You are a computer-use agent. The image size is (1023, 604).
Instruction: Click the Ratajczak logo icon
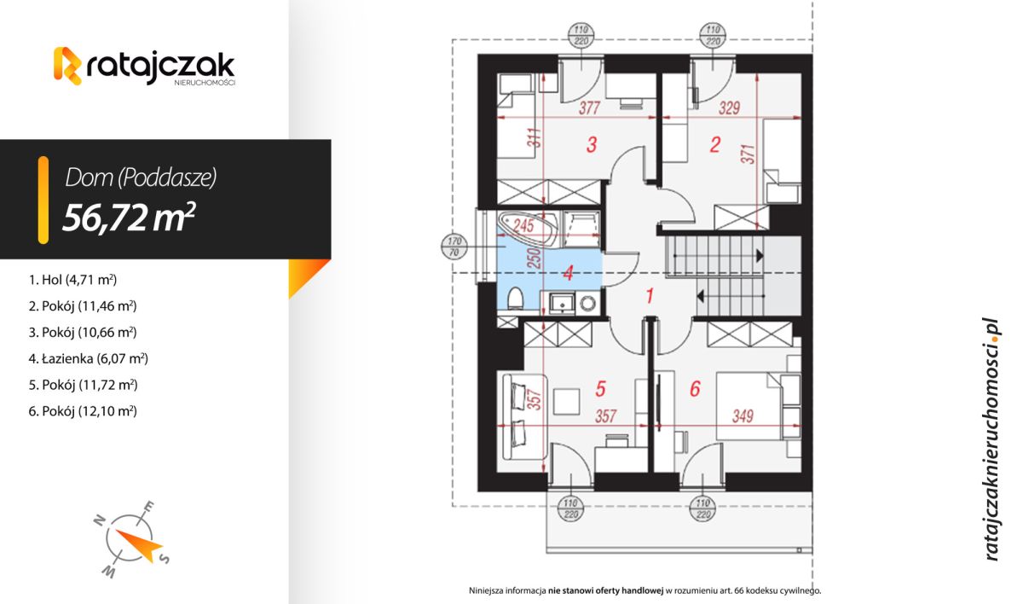[68, 66]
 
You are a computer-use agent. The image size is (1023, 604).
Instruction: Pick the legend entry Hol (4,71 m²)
[72, 279]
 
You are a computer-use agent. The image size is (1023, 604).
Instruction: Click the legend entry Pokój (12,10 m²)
[83, 411]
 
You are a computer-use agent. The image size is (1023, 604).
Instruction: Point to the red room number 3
[592, 145]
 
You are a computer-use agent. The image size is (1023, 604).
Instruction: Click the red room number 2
[715, 145]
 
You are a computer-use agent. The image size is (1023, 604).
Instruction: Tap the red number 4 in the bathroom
[568, 275]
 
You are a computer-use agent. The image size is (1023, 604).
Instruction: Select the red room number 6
[694, 389]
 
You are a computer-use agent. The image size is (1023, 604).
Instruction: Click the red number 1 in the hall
[649, 297]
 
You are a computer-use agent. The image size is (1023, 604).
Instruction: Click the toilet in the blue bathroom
[514, 299]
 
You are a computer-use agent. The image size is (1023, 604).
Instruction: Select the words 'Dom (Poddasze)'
[141, 177]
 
